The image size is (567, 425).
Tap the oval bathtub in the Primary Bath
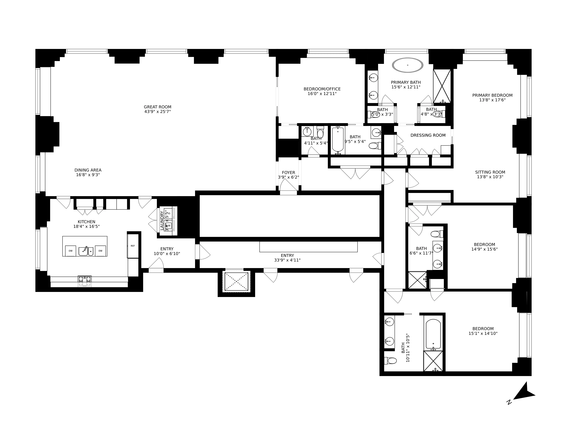coord(408,65)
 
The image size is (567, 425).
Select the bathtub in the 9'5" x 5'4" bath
coord(338,140)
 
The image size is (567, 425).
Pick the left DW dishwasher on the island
coord(70,251)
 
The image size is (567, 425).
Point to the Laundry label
coord(162,220)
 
